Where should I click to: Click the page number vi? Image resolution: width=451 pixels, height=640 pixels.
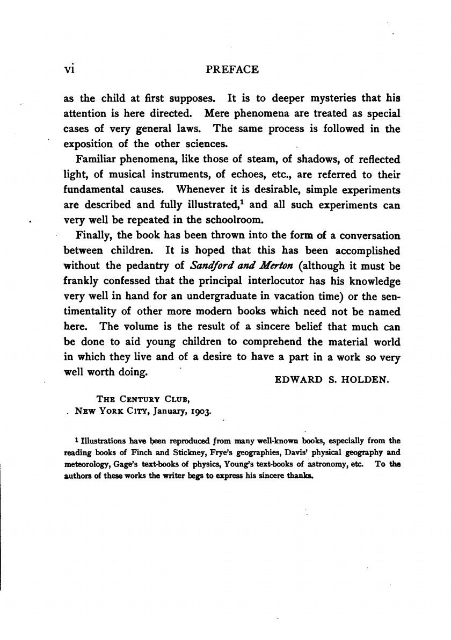[x=70, y=70]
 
